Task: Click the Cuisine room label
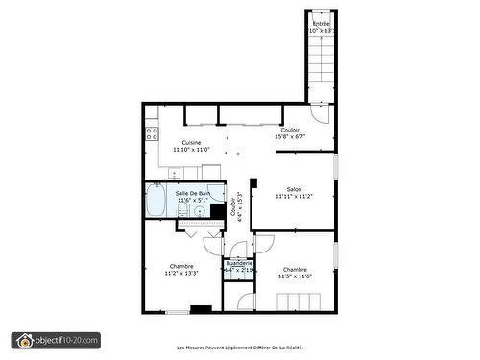[x=191, y=142]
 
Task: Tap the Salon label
[x=294, y=189]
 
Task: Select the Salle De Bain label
[x=192, y=193]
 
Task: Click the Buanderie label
[x=239, y=262]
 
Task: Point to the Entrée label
[x=321, y=23]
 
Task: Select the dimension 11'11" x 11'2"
[x=294, y=197]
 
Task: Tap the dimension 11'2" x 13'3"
[x=181, y=274]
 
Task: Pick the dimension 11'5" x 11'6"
[x=295, y=276]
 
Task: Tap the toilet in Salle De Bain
[x=181, y=210]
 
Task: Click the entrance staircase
[x=321, y=67]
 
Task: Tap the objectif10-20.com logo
[x=56, y=340]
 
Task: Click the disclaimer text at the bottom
[x=239, y=347]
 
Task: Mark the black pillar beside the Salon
[x=253, y=182]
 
